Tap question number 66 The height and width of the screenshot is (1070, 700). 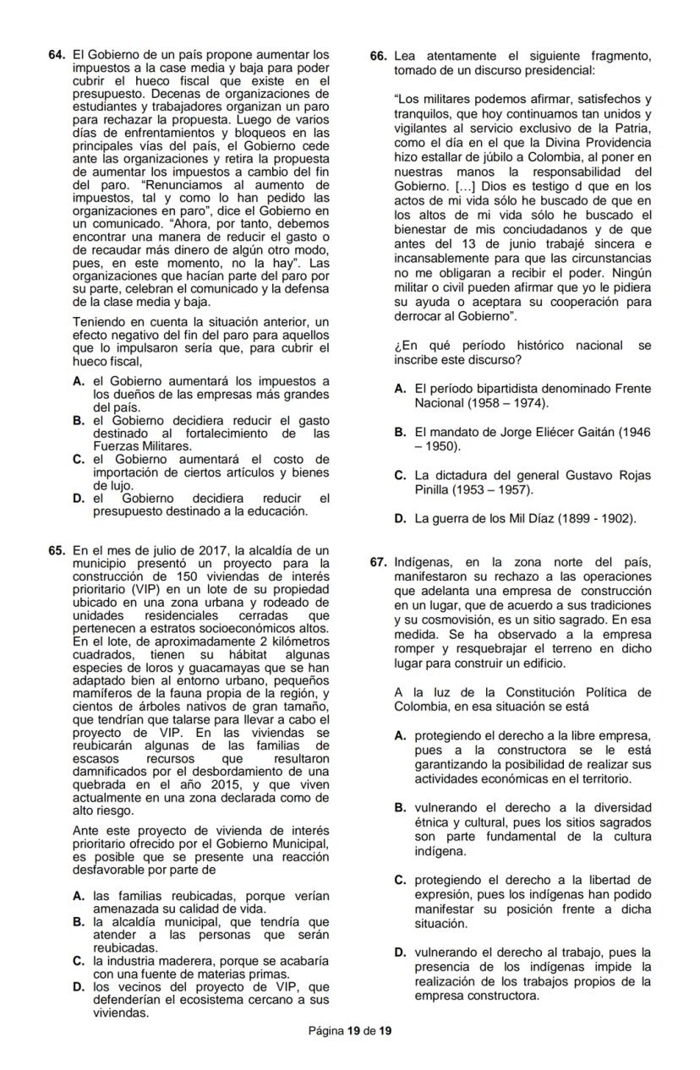(379, 56)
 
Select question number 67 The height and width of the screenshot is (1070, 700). (379, 562)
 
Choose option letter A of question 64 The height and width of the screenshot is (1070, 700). (79, 382)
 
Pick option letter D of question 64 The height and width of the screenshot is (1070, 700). (79, 499)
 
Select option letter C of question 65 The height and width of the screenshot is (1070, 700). (79, 961)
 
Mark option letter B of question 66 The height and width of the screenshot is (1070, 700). (401, 432)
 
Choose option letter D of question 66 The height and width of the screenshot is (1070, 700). (401, 518)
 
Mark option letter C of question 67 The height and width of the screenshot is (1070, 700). (401, 880)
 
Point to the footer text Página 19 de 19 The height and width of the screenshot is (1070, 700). (350, 1031)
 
